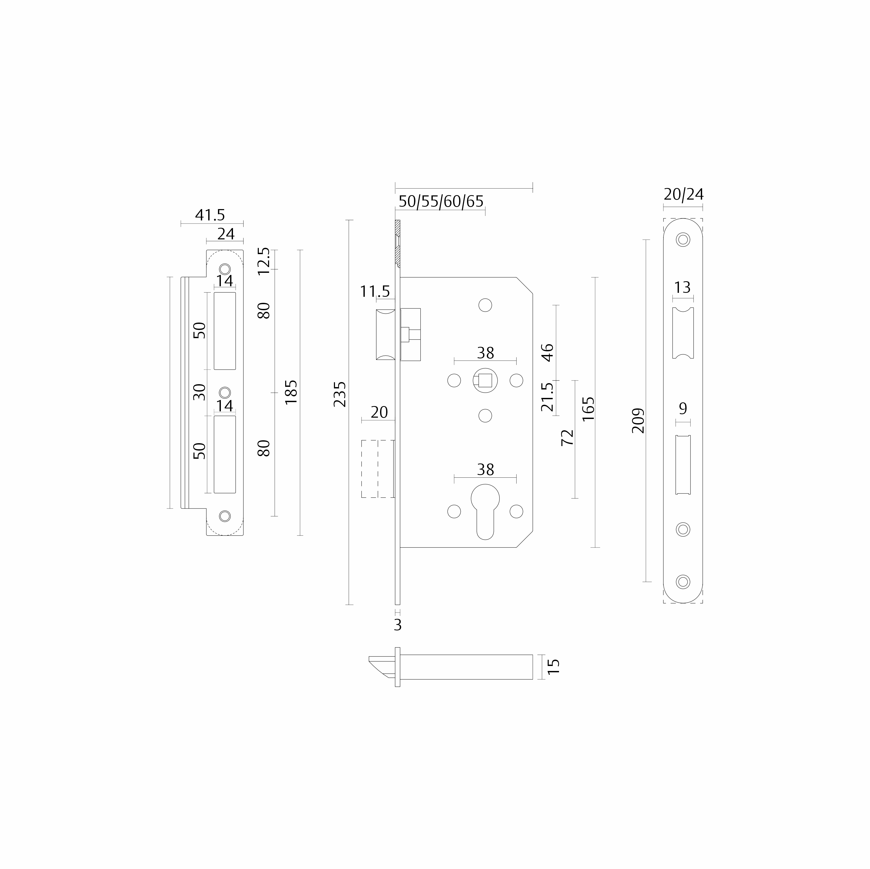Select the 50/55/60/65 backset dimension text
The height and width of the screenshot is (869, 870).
click(441, 201)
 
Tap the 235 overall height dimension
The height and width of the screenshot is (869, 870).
click(340, 394)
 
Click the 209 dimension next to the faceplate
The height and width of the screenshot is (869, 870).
click(638, 421)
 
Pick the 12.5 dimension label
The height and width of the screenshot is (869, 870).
click(264, 261)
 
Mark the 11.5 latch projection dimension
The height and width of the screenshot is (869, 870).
click(375, 292)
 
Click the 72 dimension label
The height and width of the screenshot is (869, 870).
click(568, 437)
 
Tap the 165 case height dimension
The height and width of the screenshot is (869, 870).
click(588, 409)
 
